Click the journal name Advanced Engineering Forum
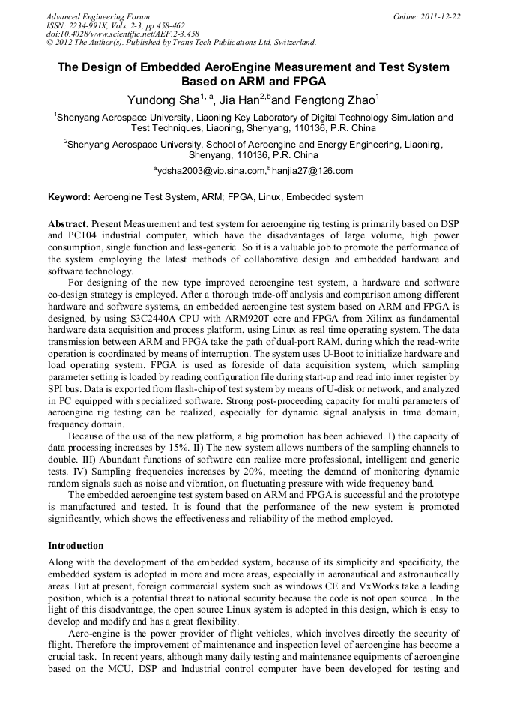pyautogui.click(x=97, y=16)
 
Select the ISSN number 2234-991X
pyautogui.click(x=85, y=25)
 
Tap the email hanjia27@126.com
pyautogui.click(x=312, y=171)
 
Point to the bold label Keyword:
pyautogui.click(x=69, y=198)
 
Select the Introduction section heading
pyautogui.click(x=76, y=545)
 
